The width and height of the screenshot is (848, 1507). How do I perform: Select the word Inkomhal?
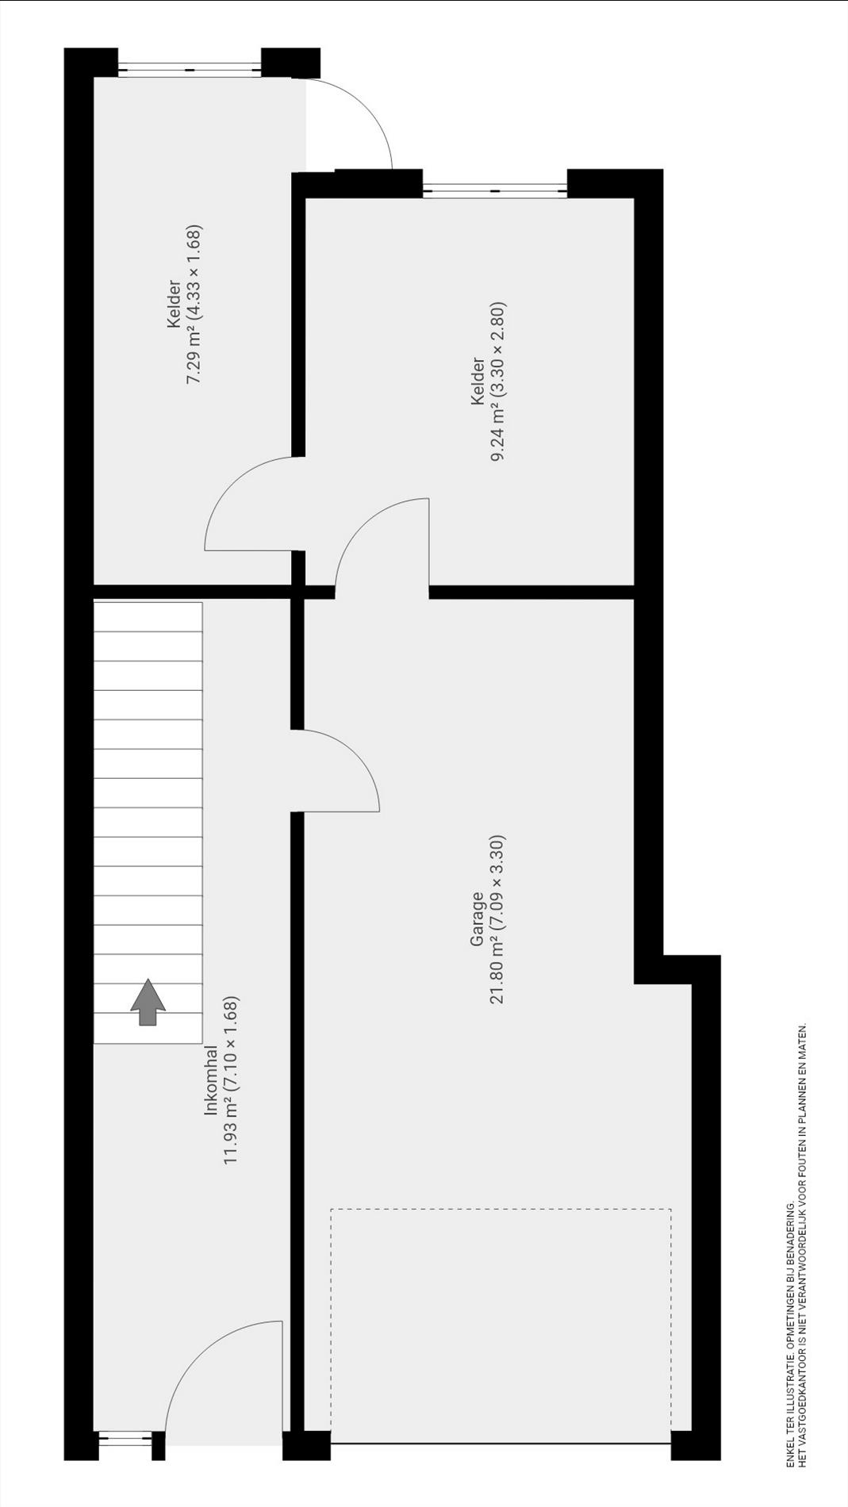211,1081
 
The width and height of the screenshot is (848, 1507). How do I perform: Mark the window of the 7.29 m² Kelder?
190,71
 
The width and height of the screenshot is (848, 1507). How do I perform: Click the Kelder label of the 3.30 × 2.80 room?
478,382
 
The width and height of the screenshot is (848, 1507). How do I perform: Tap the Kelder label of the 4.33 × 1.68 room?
173,305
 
